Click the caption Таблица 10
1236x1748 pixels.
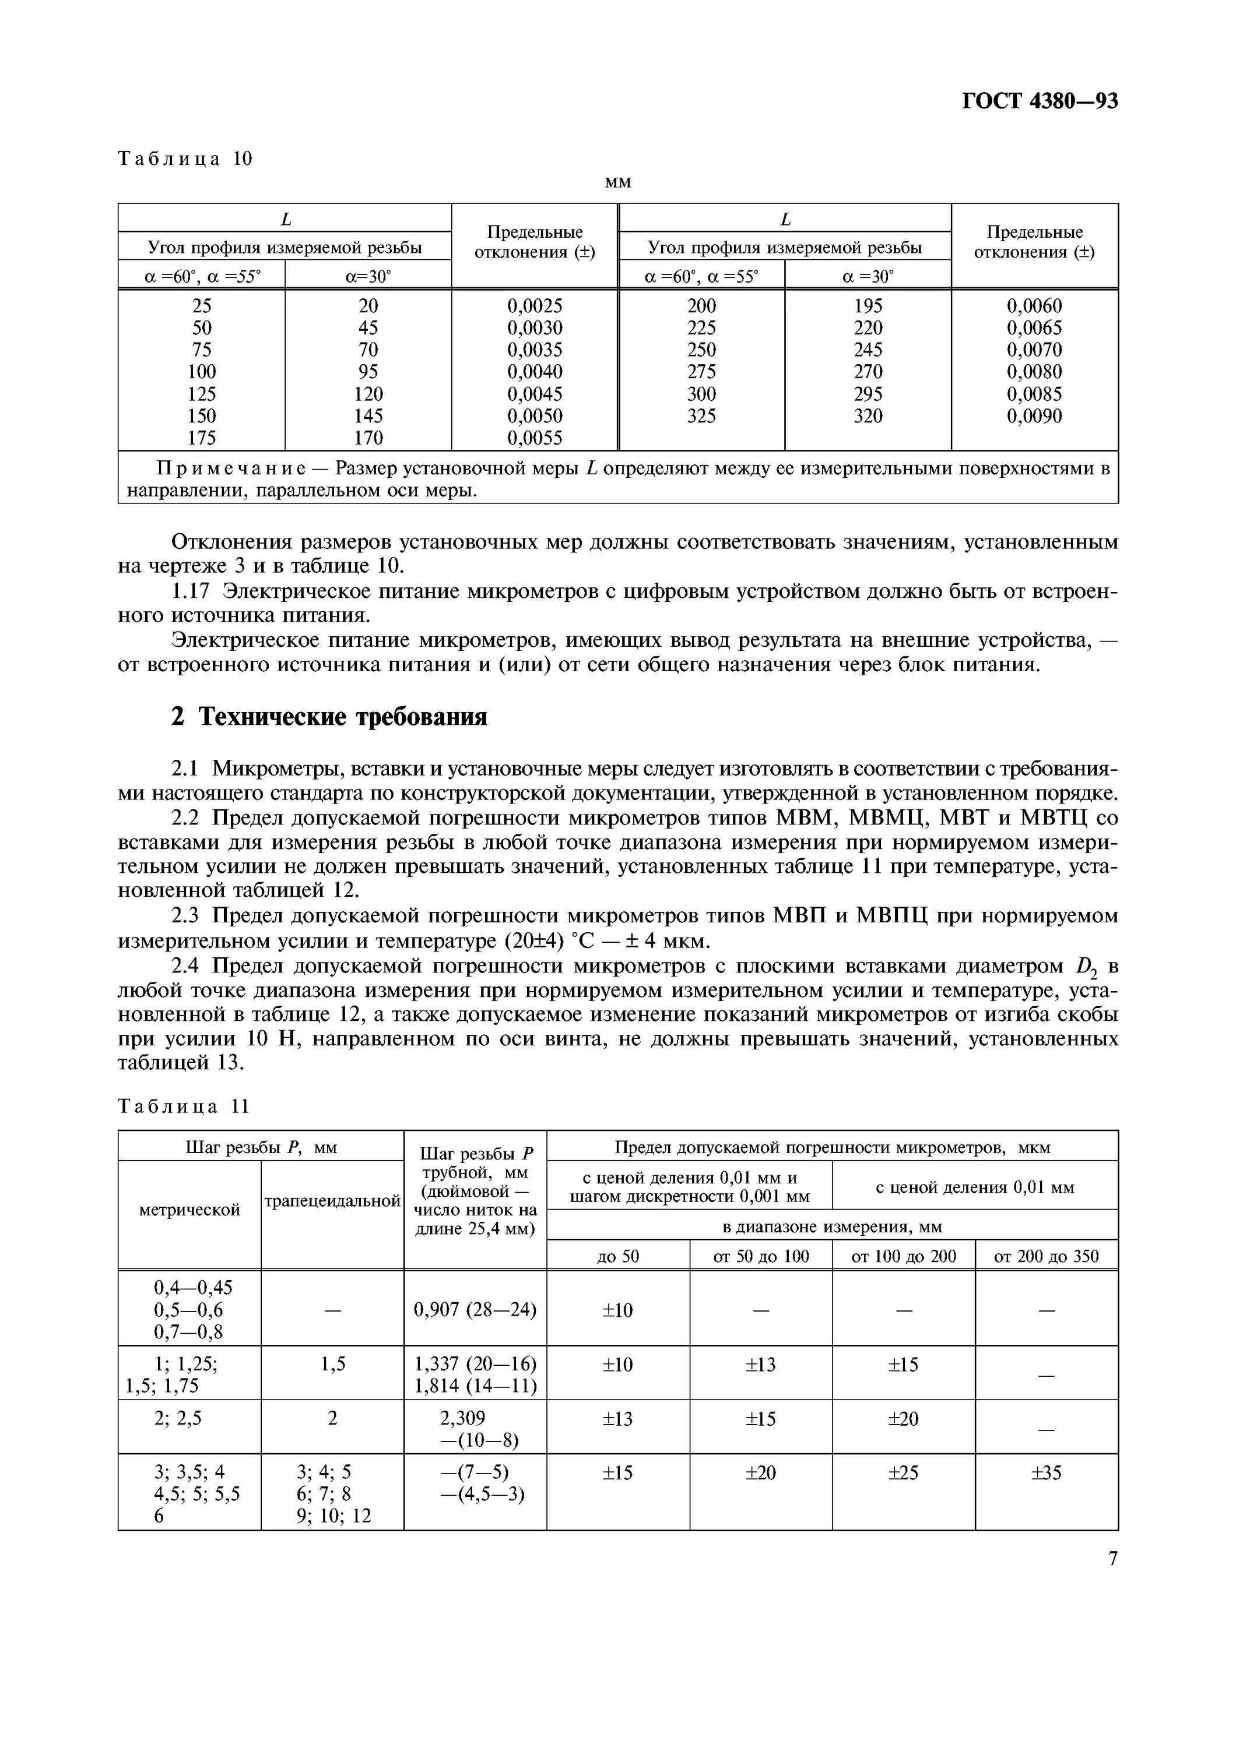pyautogui.click(x=185, y=158)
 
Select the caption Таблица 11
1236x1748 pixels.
pyautogui.click(x=184, y=1107)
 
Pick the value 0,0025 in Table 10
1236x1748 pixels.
pyautogui.click(x=535, y=306)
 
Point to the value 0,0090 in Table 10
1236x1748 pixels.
pyautogui.click(x=1034, y=415)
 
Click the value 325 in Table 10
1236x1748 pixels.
pyautogui.click(x=701, y=415)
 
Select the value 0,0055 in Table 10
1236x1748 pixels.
pyautogui.click(x=535, y=438)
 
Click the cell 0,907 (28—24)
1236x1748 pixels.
pyautogui.click(x=475, y=1310)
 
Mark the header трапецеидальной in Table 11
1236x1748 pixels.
pyautogui.click(x=332, y=1201)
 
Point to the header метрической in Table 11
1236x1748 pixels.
pyautogui.click(x=189, y=1210)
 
